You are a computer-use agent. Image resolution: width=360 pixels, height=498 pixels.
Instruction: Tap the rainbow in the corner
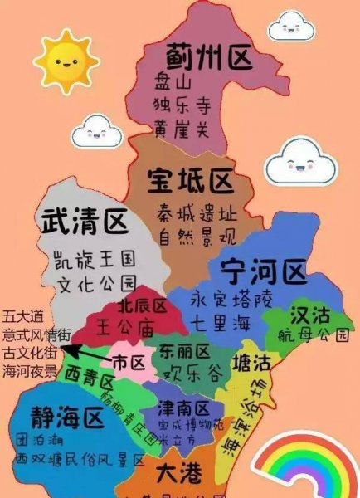306,470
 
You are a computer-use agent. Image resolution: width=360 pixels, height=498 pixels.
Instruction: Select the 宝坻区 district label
191,178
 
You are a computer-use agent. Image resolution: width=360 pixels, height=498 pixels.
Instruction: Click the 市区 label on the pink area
129,363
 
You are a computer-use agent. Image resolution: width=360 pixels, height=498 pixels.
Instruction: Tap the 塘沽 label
251,363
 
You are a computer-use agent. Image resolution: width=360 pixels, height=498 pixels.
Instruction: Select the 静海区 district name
68,418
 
